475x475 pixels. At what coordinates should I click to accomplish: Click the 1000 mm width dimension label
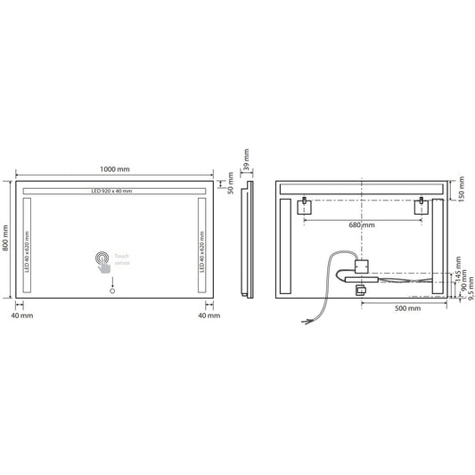114,168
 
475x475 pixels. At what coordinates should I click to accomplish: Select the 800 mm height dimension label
8,240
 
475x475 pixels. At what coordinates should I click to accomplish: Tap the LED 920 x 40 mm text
111,192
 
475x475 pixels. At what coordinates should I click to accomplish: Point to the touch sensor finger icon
104,261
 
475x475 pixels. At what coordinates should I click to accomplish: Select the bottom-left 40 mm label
22,315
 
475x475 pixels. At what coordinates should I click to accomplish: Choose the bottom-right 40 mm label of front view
207,315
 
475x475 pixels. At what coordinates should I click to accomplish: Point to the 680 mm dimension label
362,225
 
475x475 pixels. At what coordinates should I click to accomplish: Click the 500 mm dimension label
405,308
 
